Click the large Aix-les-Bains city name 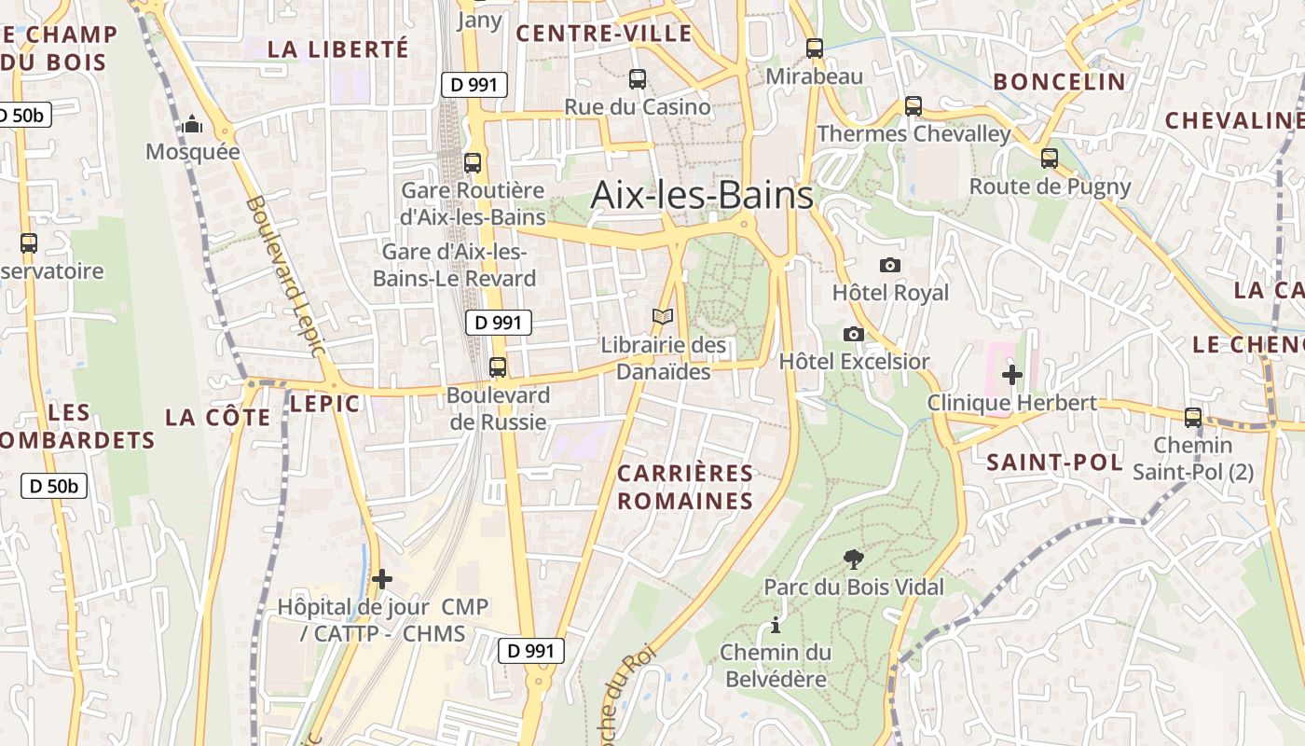point(702,196)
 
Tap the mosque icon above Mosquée point(192,124)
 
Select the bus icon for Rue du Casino point(638,79)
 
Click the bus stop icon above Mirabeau point(815,48)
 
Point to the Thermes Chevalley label point(913,134)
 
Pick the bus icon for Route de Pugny point(1050,159)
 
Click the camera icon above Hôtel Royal point(890,265)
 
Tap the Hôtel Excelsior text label point(854,362)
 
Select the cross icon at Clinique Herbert point(1011,375)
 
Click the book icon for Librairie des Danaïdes point(663,317)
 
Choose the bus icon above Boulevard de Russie point(498,366)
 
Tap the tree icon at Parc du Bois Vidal point(853,559)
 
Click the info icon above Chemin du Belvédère point(774,625)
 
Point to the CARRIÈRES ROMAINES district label point(685,487)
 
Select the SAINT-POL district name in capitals point(1054,462)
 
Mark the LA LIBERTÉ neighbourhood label point(337,49)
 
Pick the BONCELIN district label point(1059,82)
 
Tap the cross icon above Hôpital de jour point(382,579)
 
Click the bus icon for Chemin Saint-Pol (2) point(1192,417)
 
